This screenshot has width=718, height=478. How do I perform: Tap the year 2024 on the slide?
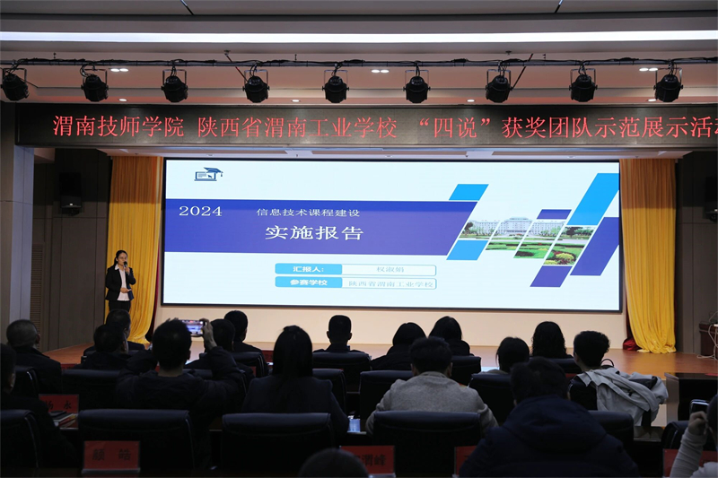[200, 211]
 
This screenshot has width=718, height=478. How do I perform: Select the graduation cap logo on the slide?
[208, 173]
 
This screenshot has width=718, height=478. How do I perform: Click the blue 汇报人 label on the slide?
[308, 269]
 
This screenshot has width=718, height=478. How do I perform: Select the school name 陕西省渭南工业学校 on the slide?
[390, 283]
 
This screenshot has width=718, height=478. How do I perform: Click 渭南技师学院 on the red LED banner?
[118, 126]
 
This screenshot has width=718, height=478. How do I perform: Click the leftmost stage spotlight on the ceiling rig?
[14, 86]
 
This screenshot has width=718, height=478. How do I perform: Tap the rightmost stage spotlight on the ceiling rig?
[668, 87]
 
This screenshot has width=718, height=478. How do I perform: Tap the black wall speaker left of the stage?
[70, 191]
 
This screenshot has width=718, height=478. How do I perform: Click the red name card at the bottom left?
[111, 456]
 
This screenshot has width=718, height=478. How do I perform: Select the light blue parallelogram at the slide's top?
[468, 192]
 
